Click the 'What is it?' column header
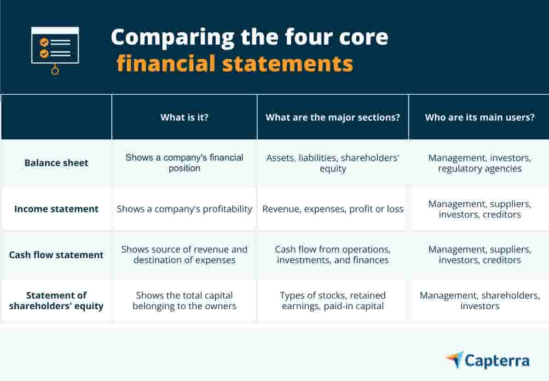click(x=184, y=117)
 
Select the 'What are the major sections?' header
click(x=332, y=117)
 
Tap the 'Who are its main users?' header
click(x=480, y=117)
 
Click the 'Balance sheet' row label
click(x=56, y=163)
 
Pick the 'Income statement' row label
click(x=56, y=209)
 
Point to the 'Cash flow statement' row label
click(x=56, y=255)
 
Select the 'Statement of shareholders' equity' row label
click(x=56, y=300)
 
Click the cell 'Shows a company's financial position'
click(x=184, y=163)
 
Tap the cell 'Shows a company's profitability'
click(x=184, y=209)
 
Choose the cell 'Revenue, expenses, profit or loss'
click(x=332, y=209)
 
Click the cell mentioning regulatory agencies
click(x=480, y=163)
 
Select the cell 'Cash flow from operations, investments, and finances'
click(x=332, y=255)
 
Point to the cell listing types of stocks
click(x=332, y=300)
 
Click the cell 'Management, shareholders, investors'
click(x=480, y=300)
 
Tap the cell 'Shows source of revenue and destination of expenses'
click(x=184, y=255)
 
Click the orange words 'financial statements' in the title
click(x=235, y=63)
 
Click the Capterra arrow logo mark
click(x=455, y=359)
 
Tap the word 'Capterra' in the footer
click(x=497, y=361)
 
